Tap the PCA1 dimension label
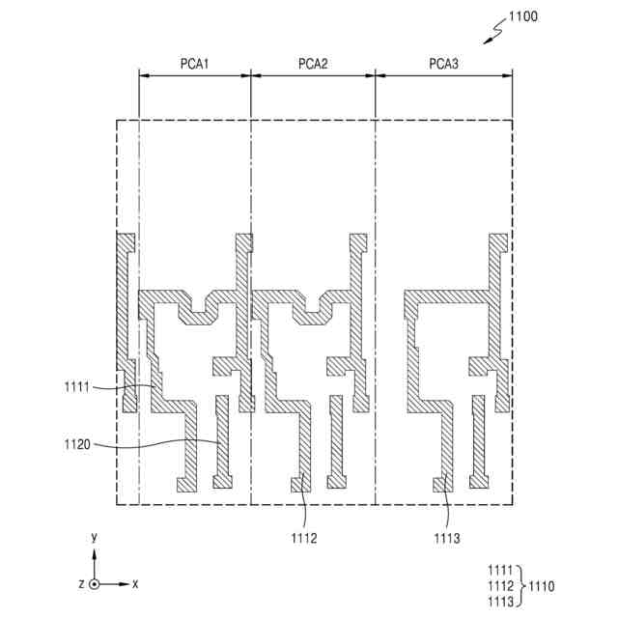pyautogui.click(x=195, y=65)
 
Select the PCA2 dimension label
pyautogui.click(x=313, y=65)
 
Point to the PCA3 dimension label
pyautogui.click(x=444, y=65)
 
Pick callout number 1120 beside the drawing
pyautogui.click(x=76, y=446)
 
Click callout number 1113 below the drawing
pyautogui.click(x=449, y=537)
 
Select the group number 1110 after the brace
pyautogui.click(x=541, y=586)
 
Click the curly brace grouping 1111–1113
pyautogui.click(x=522, y=586)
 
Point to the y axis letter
pyautogui.click(x=94, y=536)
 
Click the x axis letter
pyautogui.click(x=136, y=584)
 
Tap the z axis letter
pyautogui.click(x=81, y=584)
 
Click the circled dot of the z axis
pyautogui.click(x=94, y=584)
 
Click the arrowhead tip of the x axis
pyautogui.click(x=126, y=584)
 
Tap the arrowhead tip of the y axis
pyautogui.click(x=94, y=549)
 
